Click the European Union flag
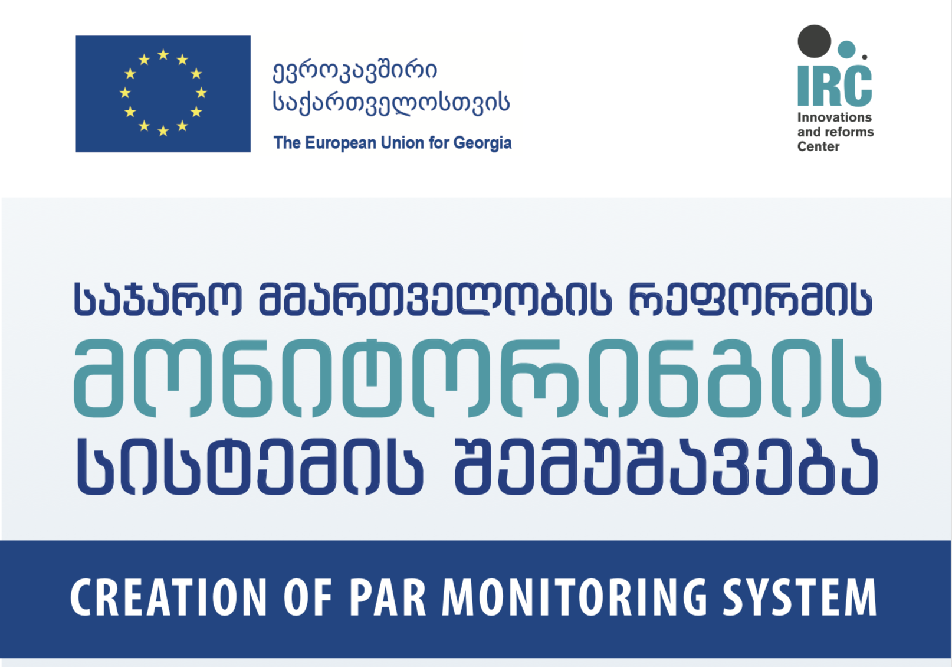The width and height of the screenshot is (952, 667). tap(163, 94)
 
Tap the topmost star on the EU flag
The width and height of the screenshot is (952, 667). tap(163, 54)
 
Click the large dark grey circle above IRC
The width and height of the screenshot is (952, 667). tap(815, 41)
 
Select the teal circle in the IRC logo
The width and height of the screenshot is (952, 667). tap(846, 50)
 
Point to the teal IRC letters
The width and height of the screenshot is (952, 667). tap(835, 86)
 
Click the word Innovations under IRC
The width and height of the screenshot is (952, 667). tap(834, 117)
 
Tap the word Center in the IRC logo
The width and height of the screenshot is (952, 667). tap(818, 146)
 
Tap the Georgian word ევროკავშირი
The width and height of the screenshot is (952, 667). tap(355, 71)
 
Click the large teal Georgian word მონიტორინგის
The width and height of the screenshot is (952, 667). tap(478, 378)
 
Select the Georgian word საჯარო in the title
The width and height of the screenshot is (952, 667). tap(158, 299)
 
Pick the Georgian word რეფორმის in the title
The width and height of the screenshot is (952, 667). tap(750, 299)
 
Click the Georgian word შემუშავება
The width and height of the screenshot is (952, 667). tap(667, 467)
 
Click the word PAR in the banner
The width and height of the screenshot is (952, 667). tap(387, 597)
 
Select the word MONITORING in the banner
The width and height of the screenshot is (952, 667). tap(575, 597)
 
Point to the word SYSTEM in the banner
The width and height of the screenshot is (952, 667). tap(800, 597)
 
